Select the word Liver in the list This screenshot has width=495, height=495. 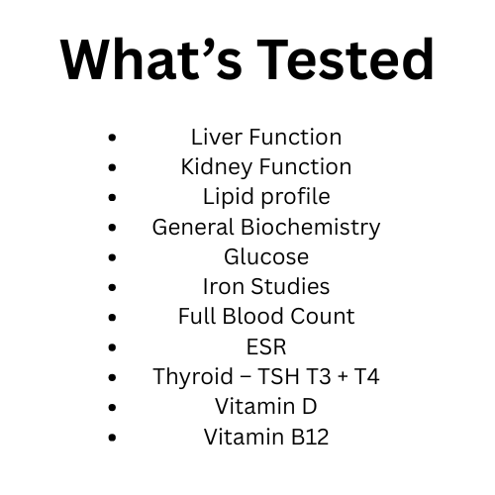(215, 137)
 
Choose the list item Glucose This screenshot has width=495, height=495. (266, 256)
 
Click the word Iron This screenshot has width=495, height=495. (222, 286)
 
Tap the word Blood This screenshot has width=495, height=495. (257, 316)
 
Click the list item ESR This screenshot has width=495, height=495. (266, 346)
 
